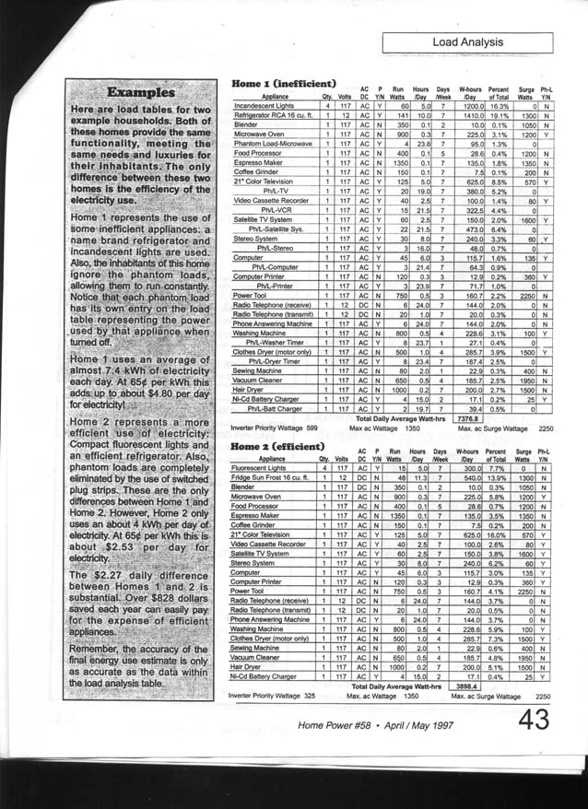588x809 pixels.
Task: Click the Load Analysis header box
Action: (x=486, y=43)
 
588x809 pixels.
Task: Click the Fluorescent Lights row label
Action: (x=263, y=468)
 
